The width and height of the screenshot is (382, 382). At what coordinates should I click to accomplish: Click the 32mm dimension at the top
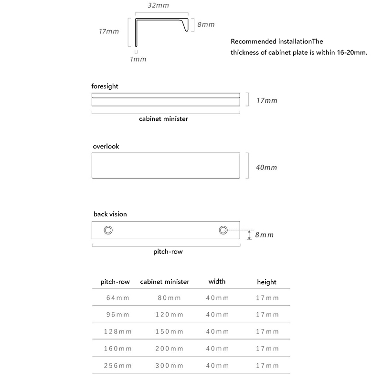pos(158,6)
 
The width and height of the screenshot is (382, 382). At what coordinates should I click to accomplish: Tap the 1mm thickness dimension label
pos(138,59)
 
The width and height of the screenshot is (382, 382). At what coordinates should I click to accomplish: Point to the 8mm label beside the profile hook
pos(206,24)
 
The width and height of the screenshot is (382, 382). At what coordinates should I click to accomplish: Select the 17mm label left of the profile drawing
pos(109,32)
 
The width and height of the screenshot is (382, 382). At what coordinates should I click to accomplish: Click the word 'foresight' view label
pos(105,86)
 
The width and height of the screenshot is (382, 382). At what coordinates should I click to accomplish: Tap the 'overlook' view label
pos(106,146)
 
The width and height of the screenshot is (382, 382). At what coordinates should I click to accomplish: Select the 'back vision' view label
pos(110,214)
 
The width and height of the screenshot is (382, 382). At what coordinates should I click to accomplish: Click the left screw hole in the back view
pos(108,231)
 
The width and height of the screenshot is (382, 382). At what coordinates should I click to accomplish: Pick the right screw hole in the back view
pos(223,230)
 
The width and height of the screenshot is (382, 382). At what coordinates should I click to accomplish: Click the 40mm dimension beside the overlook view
pos(266,168)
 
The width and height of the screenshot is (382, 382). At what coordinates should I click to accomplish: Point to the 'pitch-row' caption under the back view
pos(168,252)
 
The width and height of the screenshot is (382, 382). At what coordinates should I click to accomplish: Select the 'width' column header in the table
pos(217,281)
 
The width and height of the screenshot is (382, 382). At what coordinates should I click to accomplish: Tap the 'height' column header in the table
pos(266,282)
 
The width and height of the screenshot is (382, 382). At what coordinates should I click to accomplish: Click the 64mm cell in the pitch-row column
pos(117,298)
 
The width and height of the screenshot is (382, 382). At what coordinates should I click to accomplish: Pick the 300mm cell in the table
pos(169,366)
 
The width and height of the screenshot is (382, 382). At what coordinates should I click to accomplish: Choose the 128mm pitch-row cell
pos(117,331)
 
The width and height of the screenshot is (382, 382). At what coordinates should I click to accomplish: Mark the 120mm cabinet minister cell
pos(169,315)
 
